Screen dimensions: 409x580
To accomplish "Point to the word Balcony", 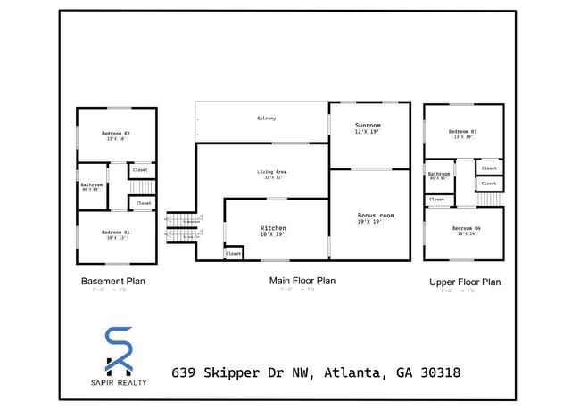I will click(x=266, y=118).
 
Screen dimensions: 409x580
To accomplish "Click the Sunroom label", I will click(x=368, y=126).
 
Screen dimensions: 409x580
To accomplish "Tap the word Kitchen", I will click(x=273, y=228).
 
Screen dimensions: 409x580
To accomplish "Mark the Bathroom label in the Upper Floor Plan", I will click(x=439, y=174).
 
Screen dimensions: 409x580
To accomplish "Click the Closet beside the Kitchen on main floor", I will click(x=233, y=253).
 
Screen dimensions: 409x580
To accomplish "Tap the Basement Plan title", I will click(x=112, y=281).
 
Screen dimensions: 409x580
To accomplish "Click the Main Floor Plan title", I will click(x=302, y=280).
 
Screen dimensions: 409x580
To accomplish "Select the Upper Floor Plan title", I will click(x=465, y=282).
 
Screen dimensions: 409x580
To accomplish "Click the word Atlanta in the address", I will click(x=355, y=372).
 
